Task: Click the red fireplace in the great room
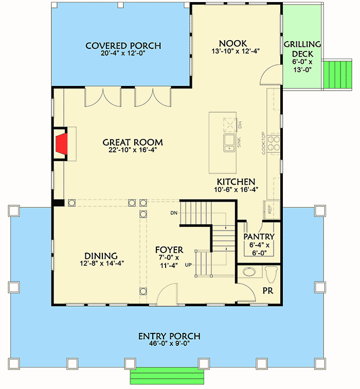click(61, 144)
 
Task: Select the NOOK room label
click(232, 44)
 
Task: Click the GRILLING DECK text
click(302, 48)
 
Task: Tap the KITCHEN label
click(236, 182)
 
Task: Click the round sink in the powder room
click(248, 272)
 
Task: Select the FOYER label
click(169, 250)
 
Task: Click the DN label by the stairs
click(173, 213)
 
